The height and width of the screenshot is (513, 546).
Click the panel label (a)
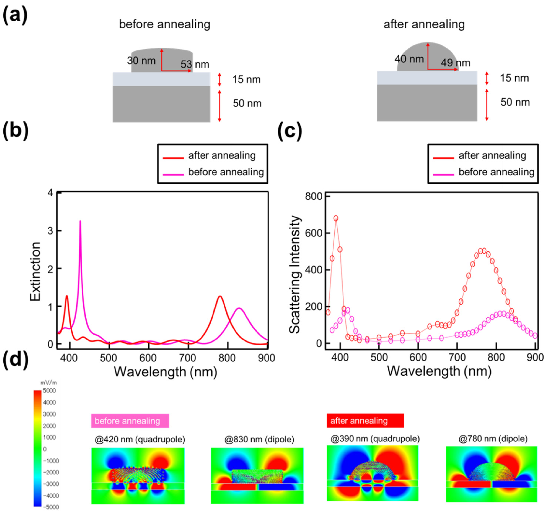15,15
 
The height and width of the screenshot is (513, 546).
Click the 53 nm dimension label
195,64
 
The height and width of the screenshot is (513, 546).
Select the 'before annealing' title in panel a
165,24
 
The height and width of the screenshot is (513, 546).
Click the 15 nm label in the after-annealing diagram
514,78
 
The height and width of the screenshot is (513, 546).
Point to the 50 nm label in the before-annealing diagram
247,103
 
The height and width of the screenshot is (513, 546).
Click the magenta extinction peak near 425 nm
80,221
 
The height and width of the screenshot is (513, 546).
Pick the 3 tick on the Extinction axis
50,231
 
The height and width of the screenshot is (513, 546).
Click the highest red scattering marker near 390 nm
336,218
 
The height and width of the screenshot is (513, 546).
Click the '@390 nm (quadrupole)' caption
375,439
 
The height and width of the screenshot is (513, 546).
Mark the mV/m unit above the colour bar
49,383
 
